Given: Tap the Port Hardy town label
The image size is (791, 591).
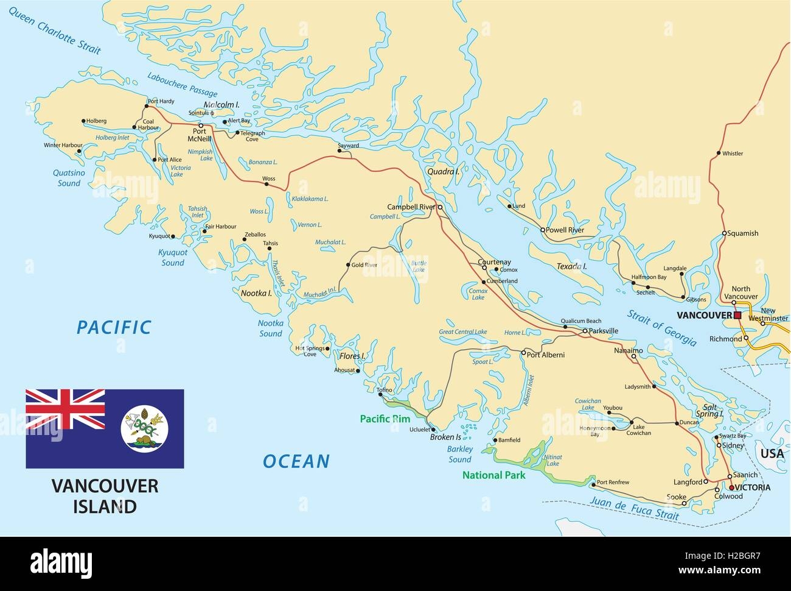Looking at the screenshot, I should point(161,101).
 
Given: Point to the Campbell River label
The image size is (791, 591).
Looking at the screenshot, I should point(411,207).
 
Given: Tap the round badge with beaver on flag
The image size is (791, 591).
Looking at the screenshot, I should point(145,429).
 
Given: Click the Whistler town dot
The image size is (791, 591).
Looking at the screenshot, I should point(719,153).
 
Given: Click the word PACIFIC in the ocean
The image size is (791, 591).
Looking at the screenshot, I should point(114,327).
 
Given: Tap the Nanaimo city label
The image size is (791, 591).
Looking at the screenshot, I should point(628,351).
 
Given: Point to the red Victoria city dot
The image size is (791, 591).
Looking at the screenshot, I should point(731,487).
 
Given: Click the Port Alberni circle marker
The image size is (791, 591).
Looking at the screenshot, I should point(523,353).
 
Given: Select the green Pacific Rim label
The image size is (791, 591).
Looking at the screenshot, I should point(385,419).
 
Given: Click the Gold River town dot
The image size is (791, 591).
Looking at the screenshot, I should point(348,265).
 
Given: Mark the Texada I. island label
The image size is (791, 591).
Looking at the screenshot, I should point(571,267).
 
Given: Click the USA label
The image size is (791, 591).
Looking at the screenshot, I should point(773,453).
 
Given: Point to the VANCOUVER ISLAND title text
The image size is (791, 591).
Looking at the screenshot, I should point(105,496).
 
